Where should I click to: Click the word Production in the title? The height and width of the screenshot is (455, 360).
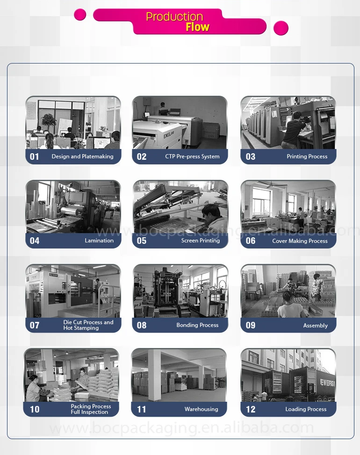(x=174, y=17)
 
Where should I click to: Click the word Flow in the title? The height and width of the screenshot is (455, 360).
(x=197, y=27)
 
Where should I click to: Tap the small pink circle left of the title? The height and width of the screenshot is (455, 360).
(x=80, y=14)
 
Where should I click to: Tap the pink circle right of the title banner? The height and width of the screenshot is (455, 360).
(x=281, y=28)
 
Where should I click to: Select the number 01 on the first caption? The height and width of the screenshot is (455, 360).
(x=34, y=156)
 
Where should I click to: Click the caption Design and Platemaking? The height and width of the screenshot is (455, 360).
(x=82, y=156)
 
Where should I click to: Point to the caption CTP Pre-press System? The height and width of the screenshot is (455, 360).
(x=192, y=156)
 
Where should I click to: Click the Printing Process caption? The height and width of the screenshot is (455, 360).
(x=307, y=156)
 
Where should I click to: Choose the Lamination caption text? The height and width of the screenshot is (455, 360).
(x=99, y=240)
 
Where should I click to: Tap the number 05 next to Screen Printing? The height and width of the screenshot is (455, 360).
(x=141, y=241)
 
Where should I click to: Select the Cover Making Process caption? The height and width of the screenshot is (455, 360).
(x=300, y=241)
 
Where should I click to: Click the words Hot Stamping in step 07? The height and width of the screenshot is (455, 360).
(x=81, y=328)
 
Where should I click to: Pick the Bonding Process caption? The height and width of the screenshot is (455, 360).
(x=197, y=325)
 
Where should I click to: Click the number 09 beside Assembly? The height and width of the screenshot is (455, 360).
(x=251, y=325)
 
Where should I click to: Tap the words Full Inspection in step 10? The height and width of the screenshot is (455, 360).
(x=89, y=412)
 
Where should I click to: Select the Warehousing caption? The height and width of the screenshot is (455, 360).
(x=201, y=409)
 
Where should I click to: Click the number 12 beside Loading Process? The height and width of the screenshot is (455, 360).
(x=251, y=409)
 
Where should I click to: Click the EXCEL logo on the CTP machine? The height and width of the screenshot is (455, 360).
(x=168, y=134)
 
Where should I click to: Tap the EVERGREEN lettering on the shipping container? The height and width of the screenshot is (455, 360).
(x=327, y=383)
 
